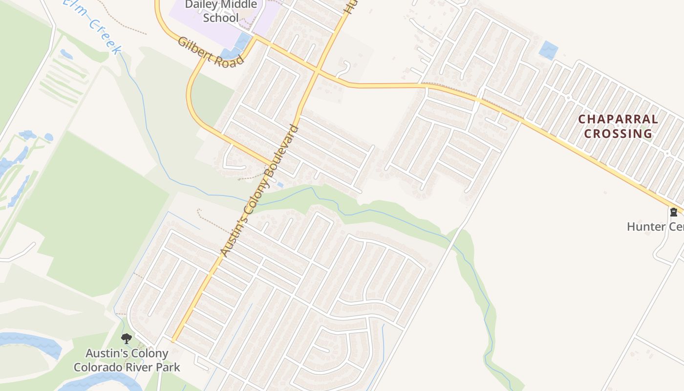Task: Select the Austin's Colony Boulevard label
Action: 258,191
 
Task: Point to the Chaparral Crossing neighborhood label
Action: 618,126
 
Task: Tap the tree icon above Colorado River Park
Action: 127,338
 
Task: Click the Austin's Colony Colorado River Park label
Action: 127,360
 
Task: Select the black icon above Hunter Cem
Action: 673,212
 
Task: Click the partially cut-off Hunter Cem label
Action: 655,227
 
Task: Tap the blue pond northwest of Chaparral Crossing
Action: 549,50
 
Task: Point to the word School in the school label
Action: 221,18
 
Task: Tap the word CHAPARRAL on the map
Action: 618,119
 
